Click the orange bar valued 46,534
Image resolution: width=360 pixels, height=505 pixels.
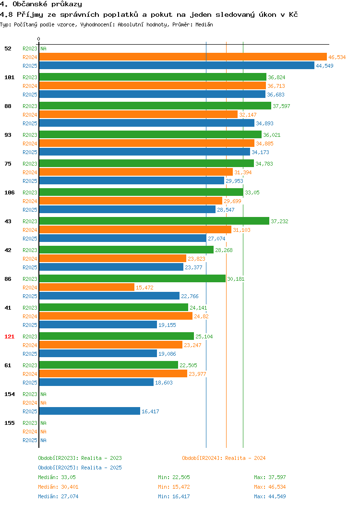tap(183, 57)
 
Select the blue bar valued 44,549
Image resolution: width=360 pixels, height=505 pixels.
tap(177, 66)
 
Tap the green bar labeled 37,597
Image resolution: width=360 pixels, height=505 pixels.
tap(155, 106)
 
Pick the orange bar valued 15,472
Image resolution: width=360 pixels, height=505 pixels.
tap(86, 287)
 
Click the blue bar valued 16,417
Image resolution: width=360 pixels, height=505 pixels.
tap(89, 411)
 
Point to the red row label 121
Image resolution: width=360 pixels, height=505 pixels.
tap(9, 337)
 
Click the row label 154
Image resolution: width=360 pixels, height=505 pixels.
tap(9, 394)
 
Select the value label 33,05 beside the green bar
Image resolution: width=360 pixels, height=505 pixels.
tap(252, 192)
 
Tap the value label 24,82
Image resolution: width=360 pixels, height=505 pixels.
tap(201, 317)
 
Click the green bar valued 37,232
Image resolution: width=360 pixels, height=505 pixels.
tap(154, 221)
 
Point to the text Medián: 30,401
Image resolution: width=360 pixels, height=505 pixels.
tap(58, 487)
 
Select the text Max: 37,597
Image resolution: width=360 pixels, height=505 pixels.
tap(270, 477)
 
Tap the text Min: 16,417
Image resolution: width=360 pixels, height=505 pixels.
tap(174, 497)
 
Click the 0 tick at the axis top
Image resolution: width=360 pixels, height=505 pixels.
tap(39, 39)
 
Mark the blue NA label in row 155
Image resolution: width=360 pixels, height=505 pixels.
tap(44, 440)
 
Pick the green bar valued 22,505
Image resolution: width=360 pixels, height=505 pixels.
tap(108, 365)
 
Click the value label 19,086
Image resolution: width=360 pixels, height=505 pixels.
tap(167, 354)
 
